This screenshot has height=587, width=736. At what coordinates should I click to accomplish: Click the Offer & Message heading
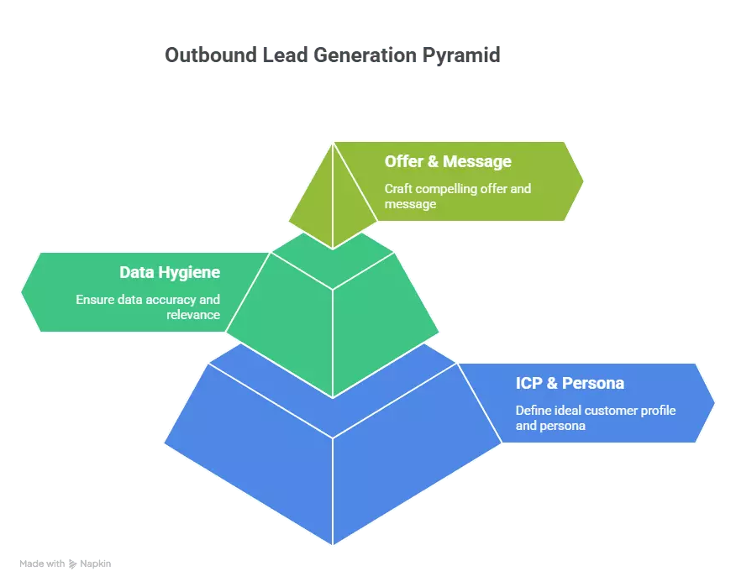point(448,161)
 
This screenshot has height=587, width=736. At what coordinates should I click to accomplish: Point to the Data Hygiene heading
point(170,272)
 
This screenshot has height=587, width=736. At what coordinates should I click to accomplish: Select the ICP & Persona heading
point(570,384)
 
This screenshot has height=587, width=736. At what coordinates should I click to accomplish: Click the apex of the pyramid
point(334,144)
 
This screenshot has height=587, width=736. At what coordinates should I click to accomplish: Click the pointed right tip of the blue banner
point(713,404)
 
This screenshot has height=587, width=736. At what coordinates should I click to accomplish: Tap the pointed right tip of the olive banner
point(582,181)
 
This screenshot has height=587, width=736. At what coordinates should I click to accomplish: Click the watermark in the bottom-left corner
point(66,562)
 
